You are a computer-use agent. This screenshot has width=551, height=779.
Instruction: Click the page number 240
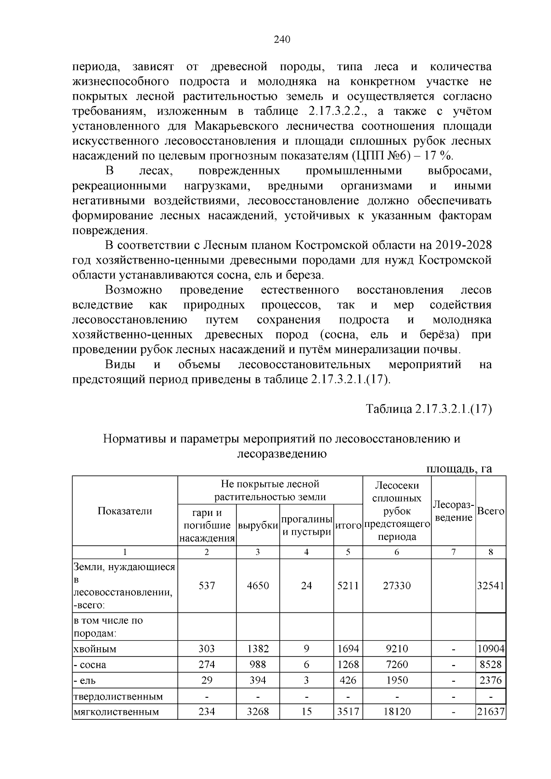coord(281,40)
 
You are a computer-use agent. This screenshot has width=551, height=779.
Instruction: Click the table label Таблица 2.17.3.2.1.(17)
coord(428,409)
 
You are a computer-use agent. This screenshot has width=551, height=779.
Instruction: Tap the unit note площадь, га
coord(459,469)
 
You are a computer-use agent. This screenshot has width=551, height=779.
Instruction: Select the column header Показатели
coord(125,511)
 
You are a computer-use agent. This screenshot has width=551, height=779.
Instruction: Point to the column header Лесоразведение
coord(453,511)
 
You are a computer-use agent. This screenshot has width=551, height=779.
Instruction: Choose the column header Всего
coord(490,511)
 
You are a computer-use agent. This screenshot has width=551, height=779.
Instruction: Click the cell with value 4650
coord(258,585)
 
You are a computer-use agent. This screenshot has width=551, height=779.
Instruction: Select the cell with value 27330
coord(397,585)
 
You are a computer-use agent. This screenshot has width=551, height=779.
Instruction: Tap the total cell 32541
coord(490,585)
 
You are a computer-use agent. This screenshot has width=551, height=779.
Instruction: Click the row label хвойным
coord(95,649)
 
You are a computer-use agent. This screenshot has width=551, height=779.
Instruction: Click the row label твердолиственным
coord(118,696)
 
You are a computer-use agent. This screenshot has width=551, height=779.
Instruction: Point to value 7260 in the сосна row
coord(397,665)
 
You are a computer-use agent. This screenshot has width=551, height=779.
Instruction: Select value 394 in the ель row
coord(258,680)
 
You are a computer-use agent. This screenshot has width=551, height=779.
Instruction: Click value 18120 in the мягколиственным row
coord(397,712)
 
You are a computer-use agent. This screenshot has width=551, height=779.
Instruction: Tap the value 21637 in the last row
coord(490,712)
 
